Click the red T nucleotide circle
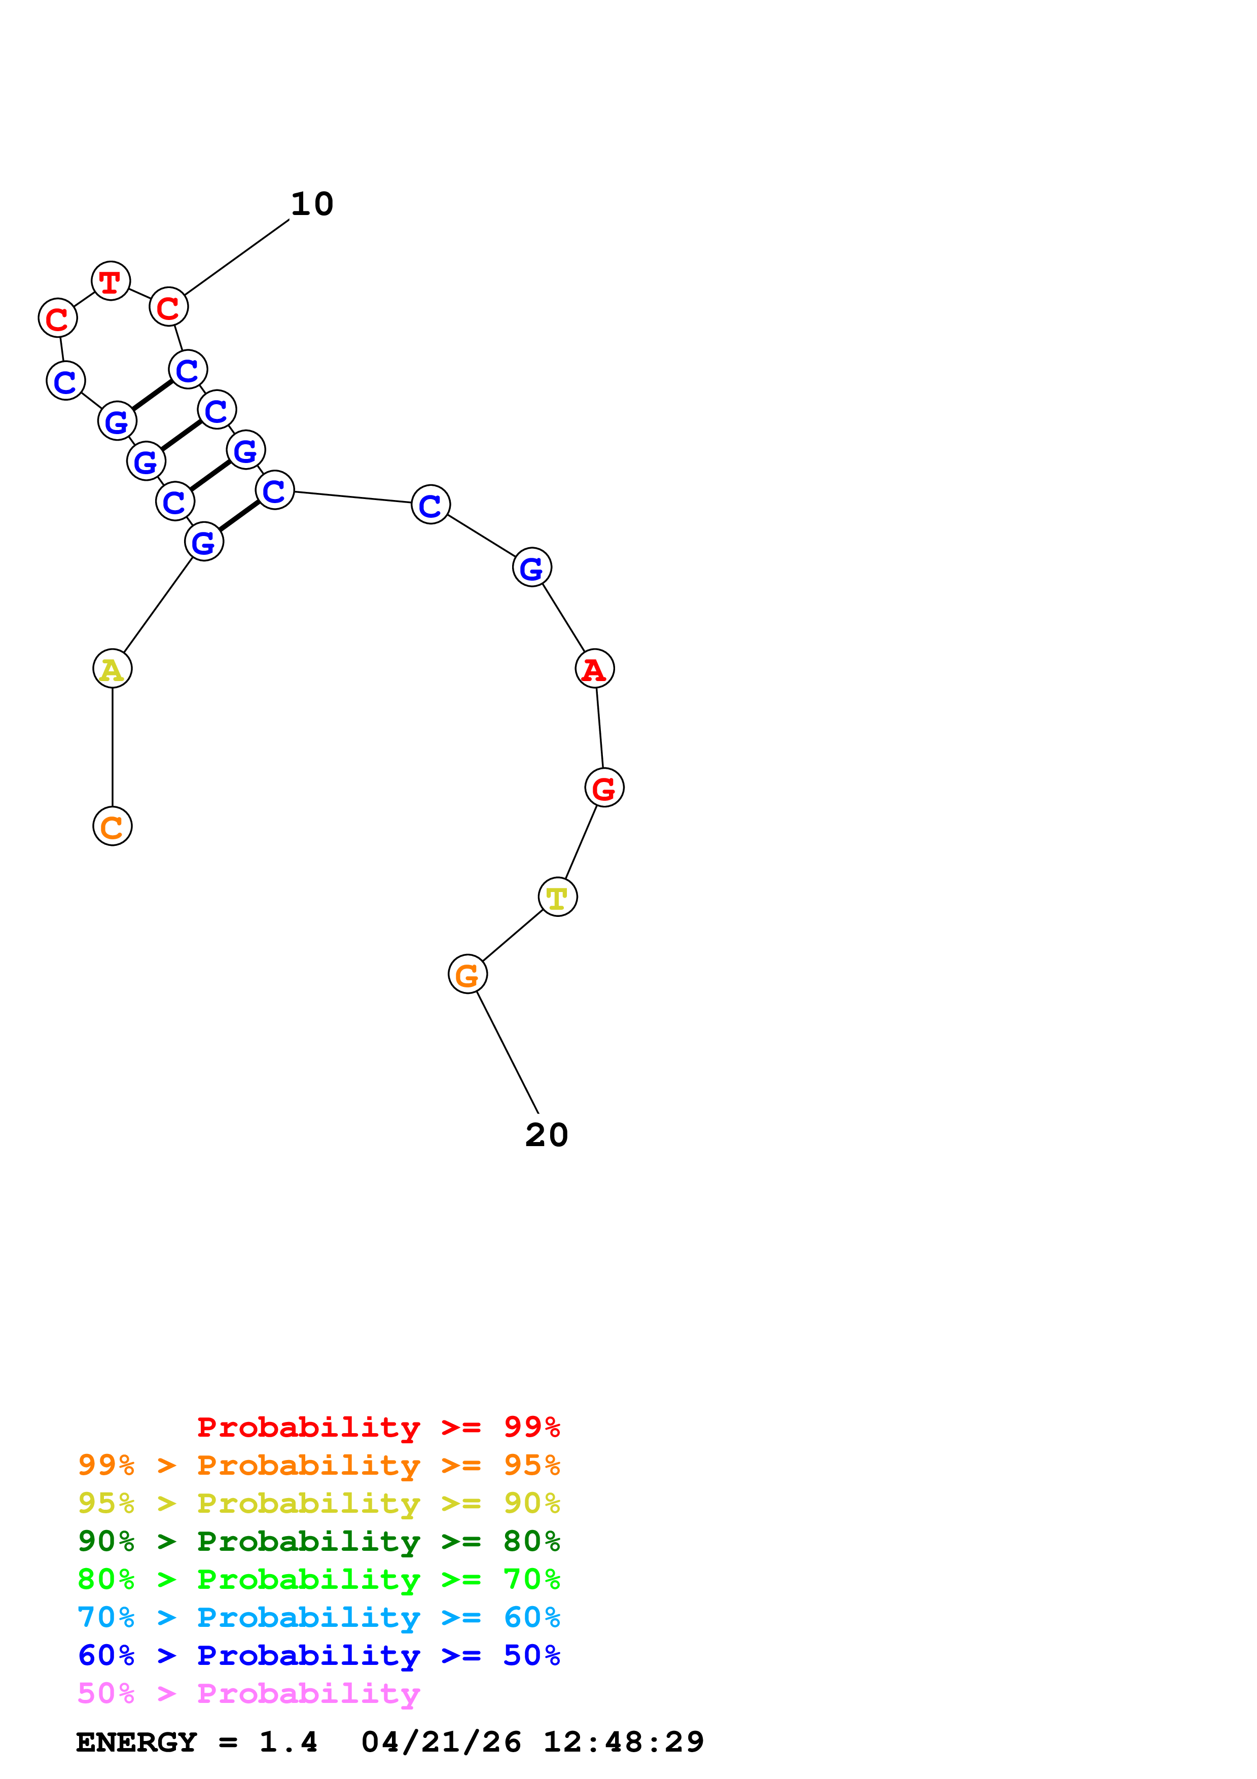coord(111,280)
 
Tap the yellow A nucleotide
coord(112,668)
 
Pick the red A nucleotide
coord(594,668)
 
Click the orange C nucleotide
coord(112,826)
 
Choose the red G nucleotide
coord(603,787)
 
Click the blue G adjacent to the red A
coord(531,567)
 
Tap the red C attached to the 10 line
coord(168,307)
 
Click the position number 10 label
coord(311,204)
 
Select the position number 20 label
coord(546,1135)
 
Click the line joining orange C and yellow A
coord(112,747)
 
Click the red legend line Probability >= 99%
coord(378,1427)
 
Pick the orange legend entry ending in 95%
coord(318,1465)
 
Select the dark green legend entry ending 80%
coord(318,1541)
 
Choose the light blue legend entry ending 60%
coord(318,1617)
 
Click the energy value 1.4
coord(288,1742)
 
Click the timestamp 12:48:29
coord(624,1742)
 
